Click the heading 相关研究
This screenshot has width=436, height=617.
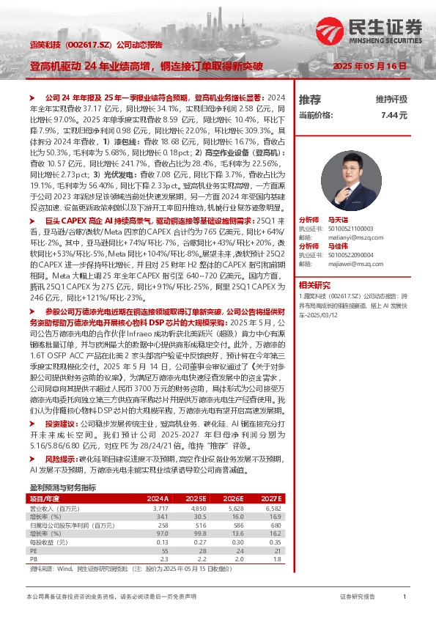click(x=314, y=283)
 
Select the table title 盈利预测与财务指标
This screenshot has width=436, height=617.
click(x=63, y=486)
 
